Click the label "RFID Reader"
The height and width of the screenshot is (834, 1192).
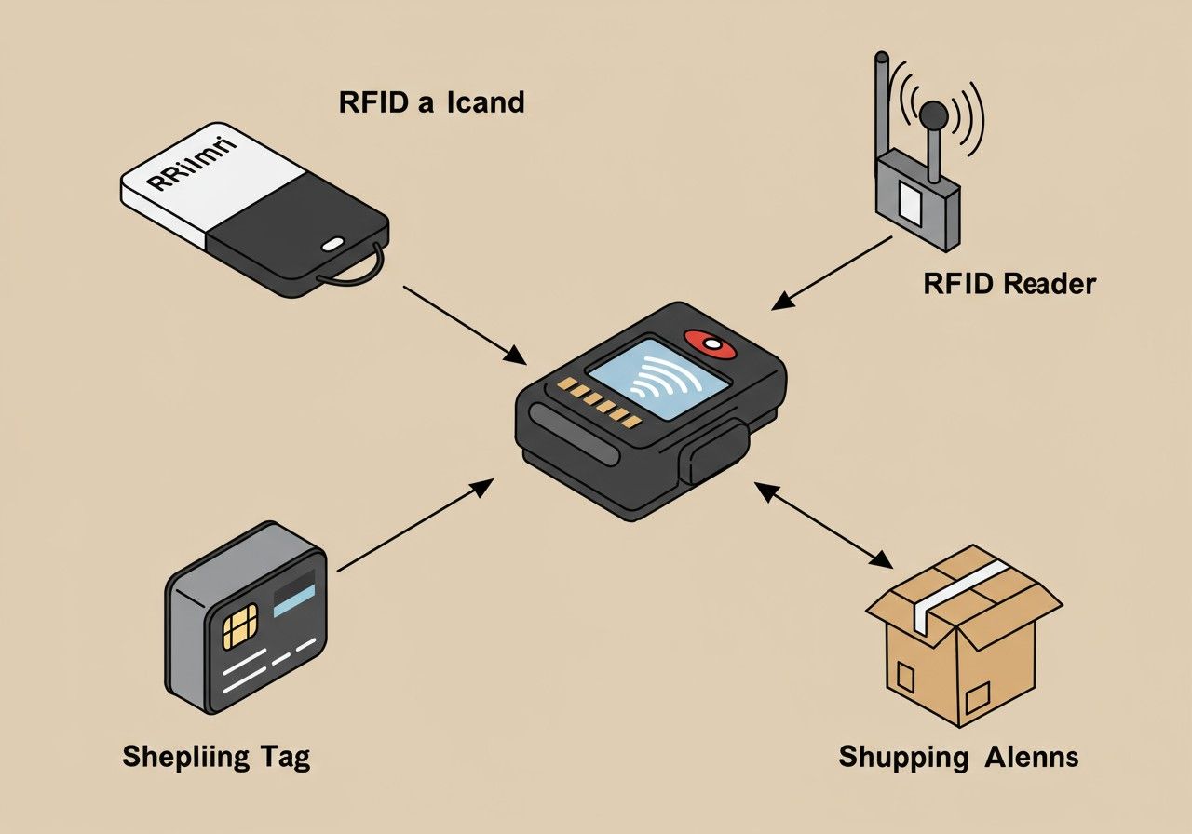1009,284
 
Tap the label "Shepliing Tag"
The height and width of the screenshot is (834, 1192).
216,756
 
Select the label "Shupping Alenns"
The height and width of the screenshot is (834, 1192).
958,756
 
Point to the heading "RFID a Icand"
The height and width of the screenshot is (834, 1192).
431,101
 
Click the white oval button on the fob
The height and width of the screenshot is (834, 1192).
332,246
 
